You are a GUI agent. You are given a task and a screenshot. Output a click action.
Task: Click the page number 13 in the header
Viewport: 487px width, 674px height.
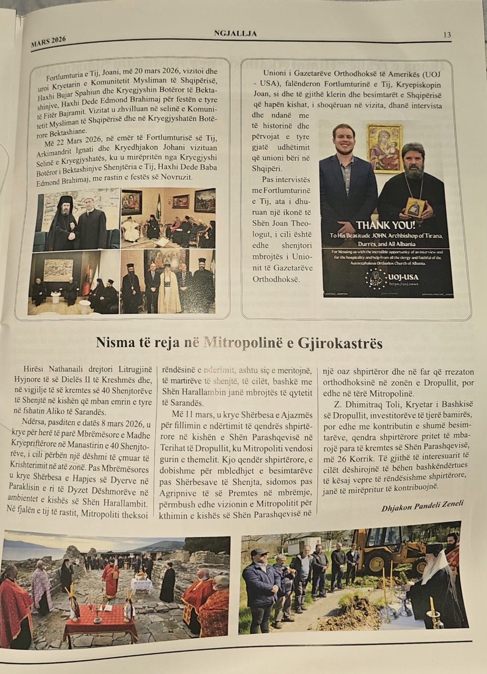pyautogui.click(x=446, y=35)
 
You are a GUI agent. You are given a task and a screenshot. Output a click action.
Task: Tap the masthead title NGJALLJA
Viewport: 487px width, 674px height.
pyautogui.click(x=235, y=34)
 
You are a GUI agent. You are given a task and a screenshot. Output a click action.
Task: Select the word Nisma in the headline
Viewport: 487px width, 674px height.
pyautogui.click(x=113, y=343)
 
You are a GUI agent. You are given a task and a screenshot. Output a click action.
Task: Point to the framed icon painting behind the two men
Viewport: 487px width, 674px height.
pyautogui.click(x=384, y=148)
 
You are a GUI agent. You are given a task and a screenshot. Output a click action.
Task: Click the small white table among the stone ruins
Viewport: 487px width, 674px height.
pyautogui.click(x=141, y=583)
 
